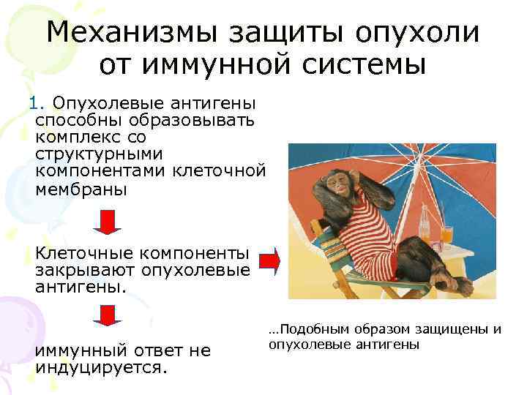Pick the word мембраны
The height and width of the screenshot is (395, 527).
pyautogui.click(x=80, y=189)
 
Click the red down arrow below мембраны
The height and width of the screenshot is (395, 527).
pyautogui.click(x=108, y=221)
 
